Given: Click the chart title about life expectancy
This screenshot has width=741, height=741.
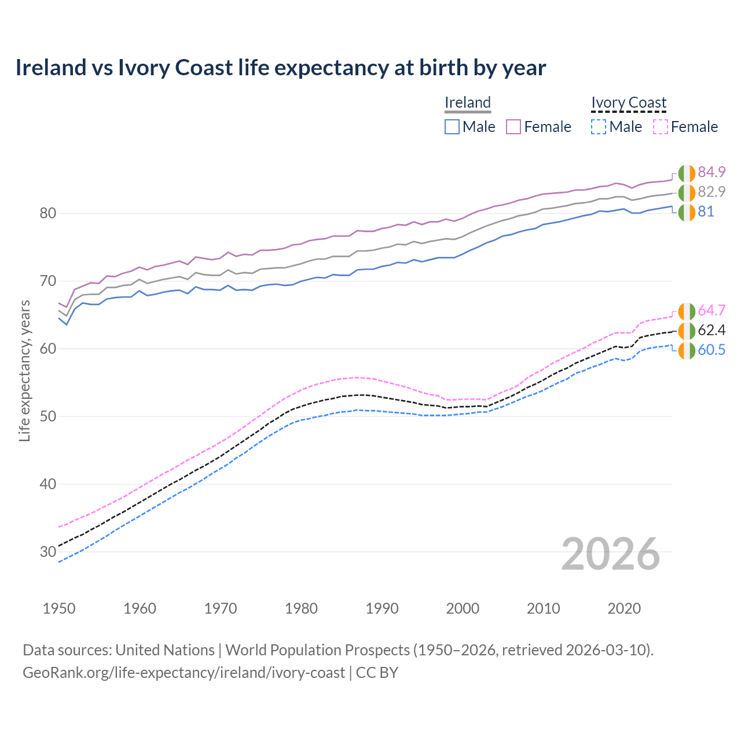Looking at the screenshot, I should [x=280, y=68].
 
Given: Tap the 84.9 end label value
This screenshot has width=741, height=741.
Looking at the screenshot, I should [x=711, y=172].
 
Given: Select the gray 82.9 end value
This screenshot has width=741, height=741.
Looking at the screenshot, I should [x=711, y=192].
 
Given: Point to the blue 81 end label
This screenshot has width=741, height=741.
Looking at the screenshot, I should [x=706, y=212].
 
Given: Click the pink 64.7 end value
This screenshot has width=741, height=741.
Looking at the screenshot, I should [x=711, y=310].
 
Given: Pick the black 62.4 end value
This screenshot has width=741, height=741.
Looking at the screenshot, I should [x=711, y=330].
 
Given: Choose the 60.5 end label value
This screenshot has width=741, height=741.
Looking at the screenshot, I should [x=711, y=350].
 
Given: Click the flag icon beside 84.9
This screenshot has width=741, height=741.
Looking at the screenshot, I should [x=687, y=173].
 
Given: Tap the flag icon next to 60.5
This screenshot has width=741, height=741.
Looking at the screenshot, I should [x=687, y=351].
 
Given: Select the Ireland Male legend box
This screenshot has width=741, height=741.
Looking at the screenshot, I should [x=452, y=127].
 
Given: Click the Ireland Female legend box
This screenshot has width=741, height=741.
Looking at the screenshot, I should [x=513, y=127].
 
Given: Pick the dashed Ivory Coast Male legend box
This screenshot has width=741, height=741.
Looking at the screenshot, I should [x=599, y=127].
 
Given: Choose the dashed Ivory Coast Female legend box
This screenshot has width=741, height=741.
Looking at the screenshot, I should [x=660, y=127].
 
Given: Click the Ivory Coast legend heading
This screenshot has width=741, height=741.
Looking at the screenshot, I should [x=629, y=102].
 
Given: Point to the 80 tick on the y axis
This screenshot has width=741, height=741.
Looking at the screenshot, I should [x=47, y=213].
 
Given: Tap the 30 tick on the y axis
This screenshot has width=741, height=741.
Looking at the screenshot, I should [x=47, y=552].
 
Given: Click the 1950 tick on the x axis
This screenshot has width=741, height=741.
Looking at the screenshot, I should [x=59, y=608].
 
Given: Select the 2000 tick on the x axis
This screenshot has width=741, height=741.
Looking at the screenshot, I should [x=463, y=608].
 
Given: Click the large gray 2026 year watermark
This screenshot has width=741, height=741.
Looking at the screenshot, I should [x=610, y=554].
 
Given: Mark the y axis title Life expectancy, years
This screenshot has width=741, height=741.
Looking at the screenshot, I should [x=24, y=370].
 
